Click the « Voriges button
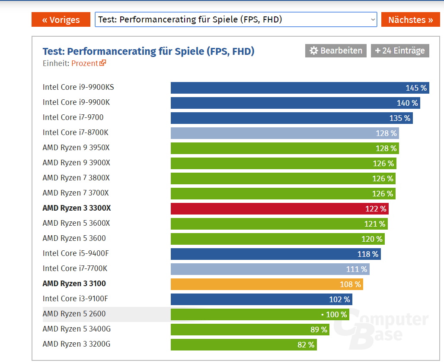[61, 19]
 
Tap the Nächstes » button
[410, 19]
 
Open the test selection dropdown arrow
[373, 19]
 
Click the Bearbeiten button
[336, 51]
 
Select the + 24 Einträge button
[400, 51]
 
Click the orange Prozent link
[88, 63]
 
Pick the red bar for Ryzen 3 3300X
[279, 208]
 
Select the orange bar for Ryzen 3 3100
[267, 284]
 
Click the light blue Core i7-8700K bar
[284, 133]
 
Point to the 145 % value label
[416, 88]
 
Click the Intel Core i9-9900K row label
[76, 102]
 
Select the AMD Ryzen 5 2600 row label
[74, 314]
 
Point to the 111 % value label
[357, 269]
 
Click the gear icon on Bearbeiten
[314, 51]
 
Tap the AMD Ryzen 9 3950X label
[76, 148]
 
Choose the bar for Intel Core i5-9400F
[275, 254]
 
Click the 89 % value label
[319, 330]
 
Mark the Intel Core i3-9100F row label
[75, 299]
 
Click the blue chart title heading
[148, 51]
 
